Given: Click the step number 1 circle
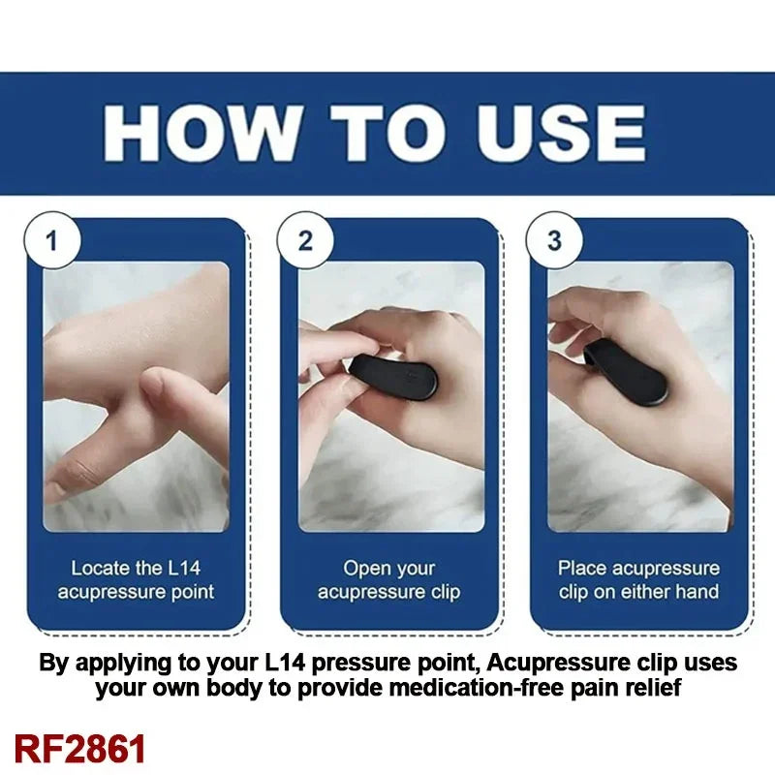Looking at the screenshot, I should tap(51, 240).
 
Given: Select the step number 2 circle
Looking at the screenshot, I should tap(305, 240).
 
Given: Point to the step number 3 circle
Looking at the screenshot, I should tap(554, 240).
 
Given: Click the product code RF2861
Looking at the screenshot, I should tap(80, 749).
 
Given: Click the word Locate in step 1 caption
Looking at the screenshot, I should tap(100, 569).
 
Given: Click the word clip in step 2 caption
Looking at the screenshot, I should tap(441, 592).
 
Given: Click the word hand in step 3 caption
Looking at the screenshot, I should tap(697, 592).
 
